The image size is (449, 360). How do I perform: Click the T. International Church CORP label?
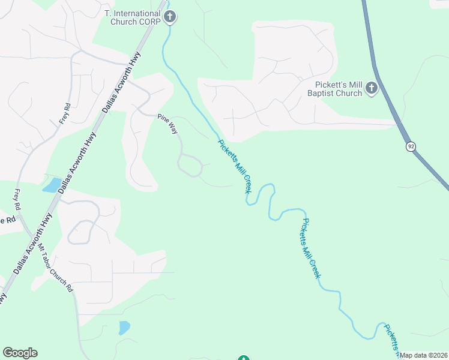click(x=133, y=17)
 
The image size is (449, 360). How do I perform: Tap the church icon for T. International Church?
click(x=170, y=16)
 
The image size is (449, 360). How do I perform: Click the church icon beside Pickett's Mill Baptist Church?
click(x=371, y=89)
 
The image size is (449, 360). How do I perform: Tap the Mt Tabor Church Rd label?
click(x=56, y=268)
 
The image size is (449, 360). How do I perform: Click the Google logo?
click(x=20, y=353)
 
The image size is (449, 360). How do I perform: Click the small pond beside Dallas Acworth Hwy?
click(x=51, y=185)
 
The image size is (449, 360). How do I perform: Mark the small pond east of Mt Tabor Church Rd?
click(x=124, y=328)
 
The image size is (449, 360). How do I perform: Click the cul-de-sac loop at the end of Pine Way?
click(x=190, y=165)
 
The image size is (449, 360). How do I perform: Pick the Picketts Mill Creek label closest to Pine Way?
click(x=234, y=166)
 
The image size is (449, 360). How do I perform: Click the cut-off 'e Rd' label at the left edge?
click(x=6, y=220)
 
